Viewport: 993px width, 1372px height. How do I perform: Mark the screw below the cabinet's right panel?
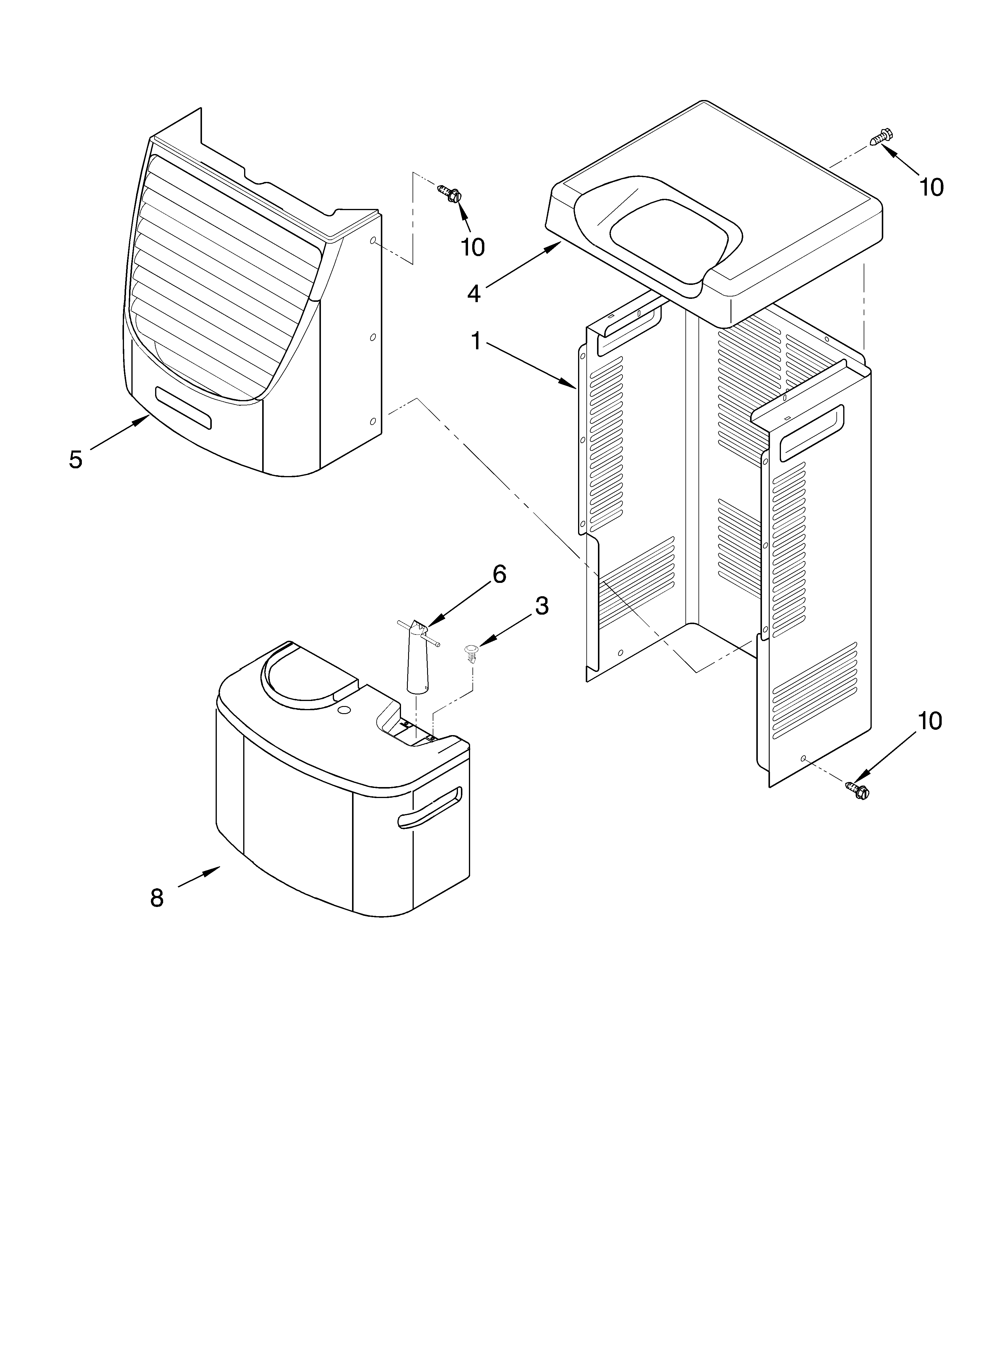coord(857,789)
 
